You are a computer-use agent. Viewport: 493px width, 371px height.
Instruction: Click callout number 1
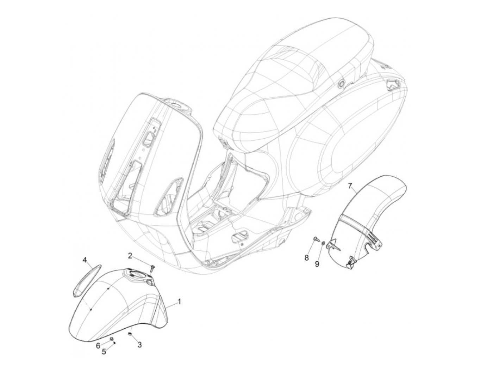click(179, 302)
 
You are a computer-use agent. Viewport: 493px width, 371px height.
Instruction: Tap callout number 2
click(130, 256)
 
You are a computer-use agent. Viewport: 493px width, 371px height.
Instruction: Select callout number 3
click(139, 345)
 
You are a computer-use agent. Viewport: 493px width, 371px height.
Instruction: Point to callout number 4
click(85, 260)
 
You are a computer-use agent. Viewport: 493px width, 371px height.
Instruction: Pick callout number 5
click(104, 351)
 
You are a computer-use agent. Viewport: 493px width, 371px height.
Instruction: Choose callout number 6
click(98, 345)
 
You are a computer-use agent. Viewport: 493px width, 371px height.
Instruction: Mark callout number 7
click(350, 185)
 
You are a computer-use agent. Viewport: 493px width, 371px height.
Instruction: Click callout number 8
click(306, 258)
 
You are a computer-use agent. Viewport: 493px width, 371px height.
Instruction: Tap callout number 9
click(317, 263)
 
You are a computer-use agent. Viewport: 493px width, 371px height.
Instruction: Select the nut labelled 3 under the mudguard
click(130, 333)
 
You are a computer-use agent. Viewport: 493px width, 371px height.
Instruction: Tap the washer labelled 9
click(323, 243)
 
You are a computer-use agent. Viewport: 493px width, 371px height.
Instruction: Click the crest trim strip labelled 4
click(87, 278)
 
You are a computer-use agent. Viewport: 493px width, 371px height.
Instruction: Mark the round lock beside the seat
click(341, 84)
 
